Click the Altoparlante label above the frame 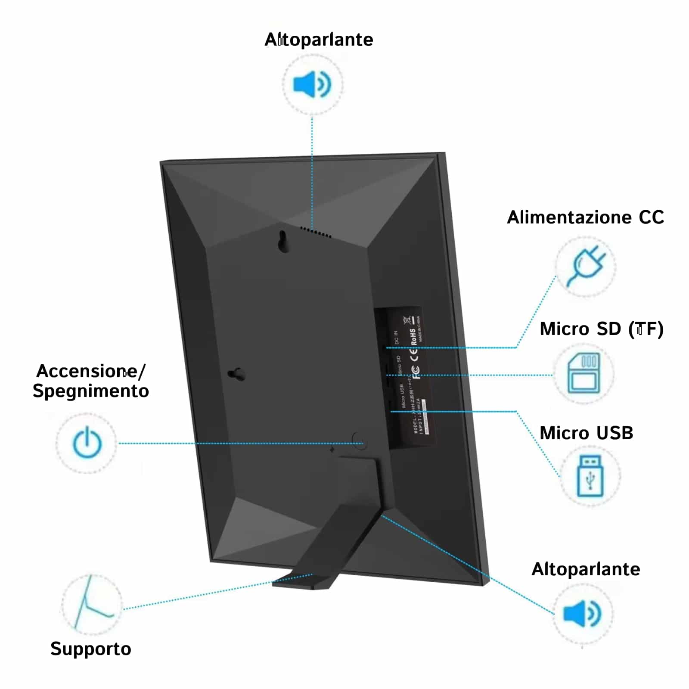[319, 40]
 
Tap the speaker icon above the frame [312, 84]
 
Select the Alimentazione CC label [585, 217]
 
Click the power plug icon [586, 266]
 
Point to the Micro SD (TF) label [601, 329]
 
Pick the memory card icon [584, 373]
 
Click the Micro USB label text [586, 433]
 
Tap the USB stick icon [590, 476]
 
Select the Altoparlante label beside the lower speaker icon [586, 569]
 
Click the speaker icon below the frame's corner [582, 614]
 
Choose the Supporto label [90, 649]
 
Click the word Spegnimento [91, 391]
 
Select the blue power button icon [87, 443]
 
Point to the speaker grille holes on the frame [316, 233]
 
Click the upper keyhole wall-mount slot [283, 241]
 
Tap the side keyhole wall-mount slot [237, 374]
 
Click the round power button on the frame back [359, 441]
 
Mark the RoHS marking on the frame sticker [413, 337]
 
